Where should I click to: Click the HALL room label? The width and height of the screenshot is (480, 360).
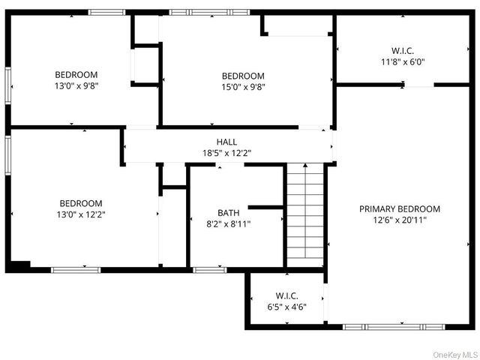tap(226, 142)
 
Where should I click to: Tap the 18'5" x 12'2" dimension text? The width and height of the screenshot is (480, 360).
tap(226, 153)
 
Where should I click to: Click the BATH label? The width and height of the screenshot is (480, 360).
tap(229, 212)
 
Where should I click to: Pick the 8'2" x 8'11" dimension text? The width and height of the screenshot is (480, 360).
tap(229, 223)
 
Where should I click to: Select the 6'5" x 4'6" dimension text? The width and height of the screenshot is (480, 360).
tap(286, 307)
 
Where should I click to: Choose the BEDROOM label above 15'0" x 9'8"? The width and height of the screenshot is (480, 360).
tap(243, 76)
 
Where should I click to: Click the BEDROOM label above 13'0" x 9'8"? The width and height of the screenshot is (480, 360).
tap(76, 75)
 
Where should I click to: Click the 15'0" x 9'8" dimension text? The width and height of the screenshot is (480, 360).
tap(243, 87)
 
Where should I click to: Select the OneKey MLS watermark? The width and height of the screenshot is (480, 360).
tap(452, 354)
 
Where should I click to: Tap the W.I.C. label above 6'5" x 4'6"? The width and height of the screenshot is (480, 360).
tap(286, 295)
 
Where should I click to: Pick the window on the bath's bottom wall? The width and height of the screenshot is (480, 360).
tap(210, 269)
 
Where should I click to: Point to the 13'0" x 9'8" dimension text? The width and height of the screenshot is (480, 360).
tap(76, 86)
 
